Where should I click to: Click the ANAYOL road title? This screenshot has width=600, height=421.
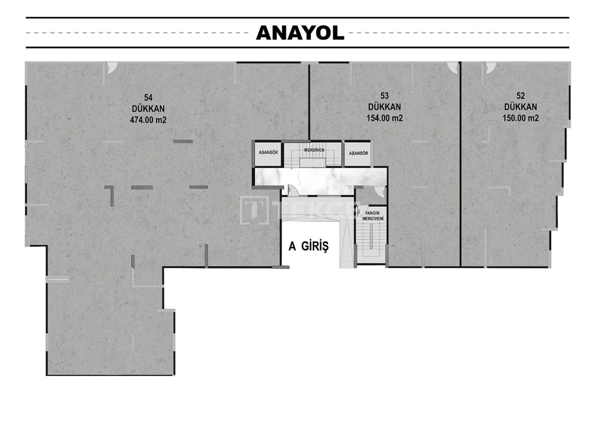[x=300, y=32]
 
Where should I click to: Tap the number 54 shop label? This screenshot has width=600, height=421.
[x=148, y=98]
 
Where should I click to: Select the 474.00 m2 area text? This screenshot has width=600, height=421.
[x=148, y=120]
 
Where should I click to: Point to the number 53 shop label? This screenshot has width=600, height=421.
[x=384, y=96]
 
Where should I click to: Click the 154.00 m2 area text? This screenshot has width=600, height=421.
[x=384, y=118]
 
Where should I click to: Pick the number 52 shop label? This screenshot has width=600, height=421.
[x=520, y=96]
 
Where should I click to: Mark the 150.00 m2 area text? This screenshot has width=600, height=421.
[x=520, y=118]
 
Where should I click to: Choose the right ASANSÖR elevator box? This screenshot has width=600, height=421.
[x=358, y=153]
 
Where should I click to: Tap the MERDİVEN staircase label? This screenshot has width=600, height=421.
[x=314, y=150]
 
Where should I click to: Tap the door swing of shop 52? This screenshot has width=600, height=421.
[x=489, y=68]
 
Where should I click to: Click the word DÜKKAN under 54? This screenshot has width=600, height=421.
[x=148, y=108]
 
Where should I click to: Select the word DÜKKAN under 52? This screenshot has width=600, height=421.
[x=520, y=107]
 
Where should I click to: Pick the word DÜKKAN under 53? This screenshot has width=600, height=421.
[x=384, y=107]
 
